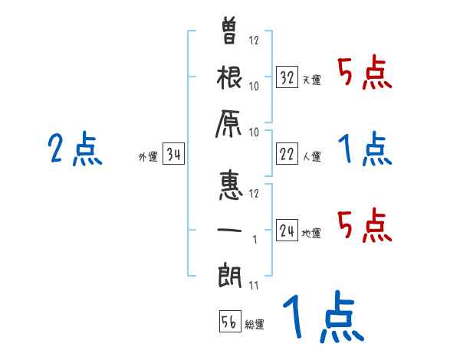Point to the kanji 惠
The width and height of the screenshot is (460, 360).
[x=230, y=184]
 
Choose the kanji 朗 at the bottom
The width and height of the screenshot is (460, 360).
[x=230, y=274]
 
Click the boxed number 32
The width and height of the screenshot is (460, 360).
[x=287, y=77]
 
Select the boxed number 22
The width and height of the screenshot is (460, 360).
[x=287, y=154]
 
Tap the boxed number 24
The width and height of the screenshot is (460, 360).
[x=287, y=230]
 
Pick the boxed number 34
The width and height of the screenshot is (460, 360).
[x=173, y=154]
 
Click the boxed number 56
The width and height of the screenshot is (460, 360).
[x=228, y=322]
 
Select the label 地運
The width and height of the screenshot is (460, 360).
[x=311, y=233]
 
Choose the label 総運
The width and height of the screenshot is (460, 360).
[x=254, y=325]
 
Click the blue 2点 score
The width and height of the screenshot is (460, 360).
[x=74, y=149]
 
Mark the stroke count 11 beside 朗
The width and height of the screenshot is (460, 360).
[x=253, y=286]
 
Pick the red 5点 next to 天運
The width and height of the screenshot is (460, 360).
[x=364, y=74]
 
